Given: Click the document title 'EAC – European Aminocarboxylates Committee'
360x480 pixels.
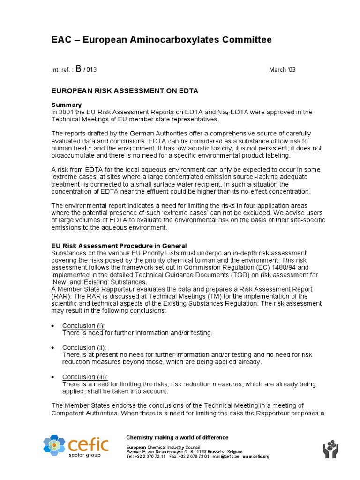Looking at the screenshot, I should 161,40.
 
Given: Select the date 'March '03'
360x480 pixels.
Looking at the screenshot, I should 282,70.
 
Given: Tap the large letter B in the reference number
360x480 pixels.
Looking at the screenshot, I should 78,68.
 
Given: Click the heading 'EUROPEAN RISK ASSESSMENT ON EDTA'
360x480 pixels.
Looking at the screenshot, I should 124,91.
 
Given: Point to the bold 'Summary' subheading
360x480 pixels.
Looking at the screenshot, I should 66,105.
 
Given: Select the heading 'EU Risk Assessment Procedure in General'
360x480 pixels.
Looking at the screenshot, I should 119,246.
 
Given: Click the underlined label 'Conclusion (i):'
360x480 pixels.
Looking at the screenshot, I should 83,326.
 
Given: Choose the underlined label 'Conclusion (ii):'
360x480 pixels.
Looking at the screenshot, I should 84,347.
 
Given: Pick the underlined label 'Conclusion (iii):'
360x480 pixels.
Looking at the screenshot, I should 85,377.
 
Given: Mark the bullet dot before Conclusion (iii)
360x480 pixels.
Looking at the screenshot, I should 53,377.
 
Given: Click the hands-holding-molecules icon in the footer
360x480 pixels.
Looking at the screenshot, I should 330,449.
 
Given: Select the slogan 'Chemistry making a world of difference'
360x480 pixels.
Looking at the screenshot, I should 177,437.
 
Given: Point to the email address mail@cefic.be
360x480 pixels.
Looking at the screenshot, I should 226,456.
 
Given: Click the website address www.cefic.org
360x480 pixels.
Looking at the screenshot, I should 256,456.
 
